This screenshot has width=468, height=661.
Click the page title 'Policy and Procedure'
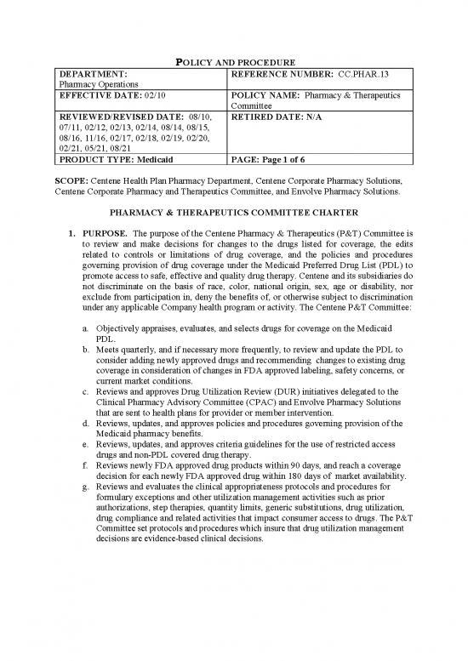pos(233,61)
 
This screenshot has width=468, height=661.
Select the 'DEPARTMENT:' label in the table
pos(93,74)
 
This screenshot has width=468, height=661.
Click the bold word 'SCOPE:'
pos(77,181)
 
